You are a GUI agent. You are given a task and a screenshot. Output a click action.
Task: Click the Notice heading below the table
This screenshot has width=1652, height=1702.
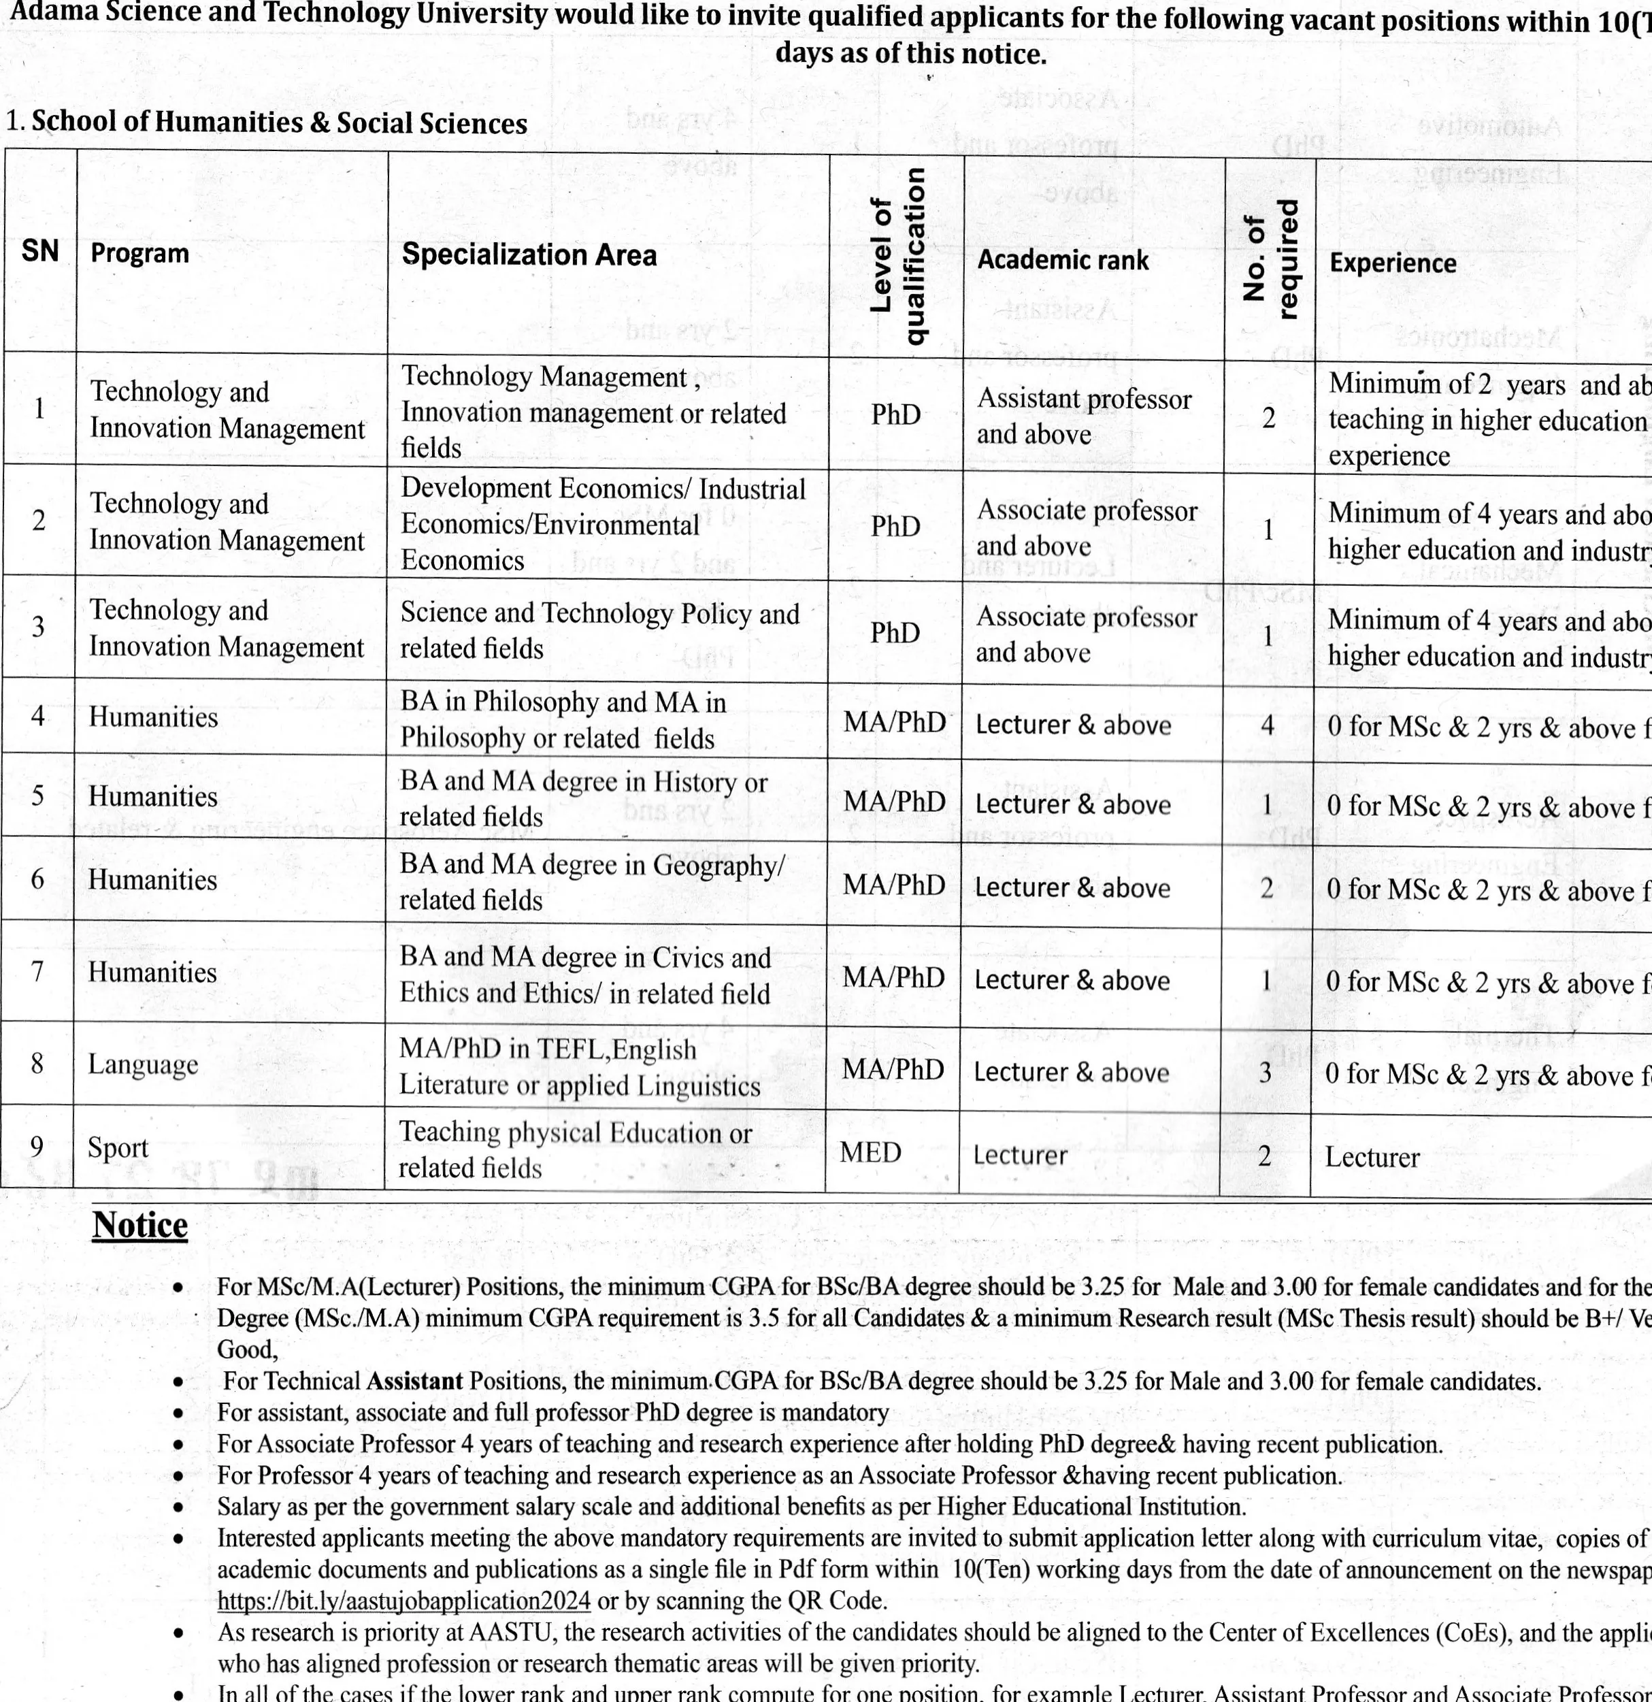tap(139, 1225)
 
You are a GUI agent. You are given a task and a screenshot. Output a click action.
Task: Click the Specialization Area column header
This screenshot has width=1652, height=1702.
tap(529, 255)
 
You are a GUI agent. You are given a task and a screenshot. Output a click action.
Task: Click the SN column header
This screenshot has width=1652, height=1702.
tap(40, 251)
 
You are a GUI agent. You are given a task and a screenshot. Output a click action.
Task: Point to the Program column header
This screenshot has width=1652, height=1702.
tap(139, 254)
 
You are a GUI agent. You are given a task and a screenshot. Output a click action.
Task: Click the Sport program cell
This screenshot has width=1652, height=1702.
tap(118, 1148)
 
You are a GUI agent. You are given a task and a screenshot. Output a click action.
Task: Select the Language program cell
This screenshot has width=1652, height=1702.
tap(142, 1064)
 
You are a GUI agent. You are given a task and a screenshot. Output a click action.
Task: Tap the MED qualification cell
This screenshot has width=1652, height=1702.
tap(871, 1152)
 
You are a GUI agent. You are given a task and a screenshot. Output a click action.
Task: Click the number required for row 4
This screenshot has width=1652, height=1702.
tap(1268, 724)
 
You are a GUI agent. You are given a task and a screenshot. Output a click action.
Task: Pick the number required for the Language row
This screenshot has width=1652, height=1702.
tap(1266, 1073)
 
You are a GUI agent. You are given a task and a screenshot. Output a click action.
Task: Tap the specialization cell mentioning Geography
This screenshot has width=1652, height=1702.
tap(591, 881)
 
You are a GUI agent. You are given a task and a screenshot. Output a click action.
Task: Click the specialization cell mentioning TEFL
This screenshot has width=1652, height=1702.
tap(579, 1066)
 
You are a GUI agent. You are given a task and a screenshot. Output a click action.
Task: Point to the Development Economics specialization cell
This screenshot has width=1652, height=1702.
tap(602, 523)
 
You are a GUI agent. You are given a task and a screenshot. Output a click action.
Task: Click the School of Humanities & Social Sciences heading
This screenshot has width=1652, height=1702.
tap(279, 122)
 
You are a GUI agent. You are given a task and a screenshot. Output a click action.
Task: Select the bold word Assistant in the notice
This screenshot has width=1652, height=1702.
tap(414, 1381)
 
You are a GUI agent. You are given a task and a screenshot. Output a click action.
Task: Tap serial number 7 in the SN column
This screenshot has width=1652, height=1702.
tap(37, 971)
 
